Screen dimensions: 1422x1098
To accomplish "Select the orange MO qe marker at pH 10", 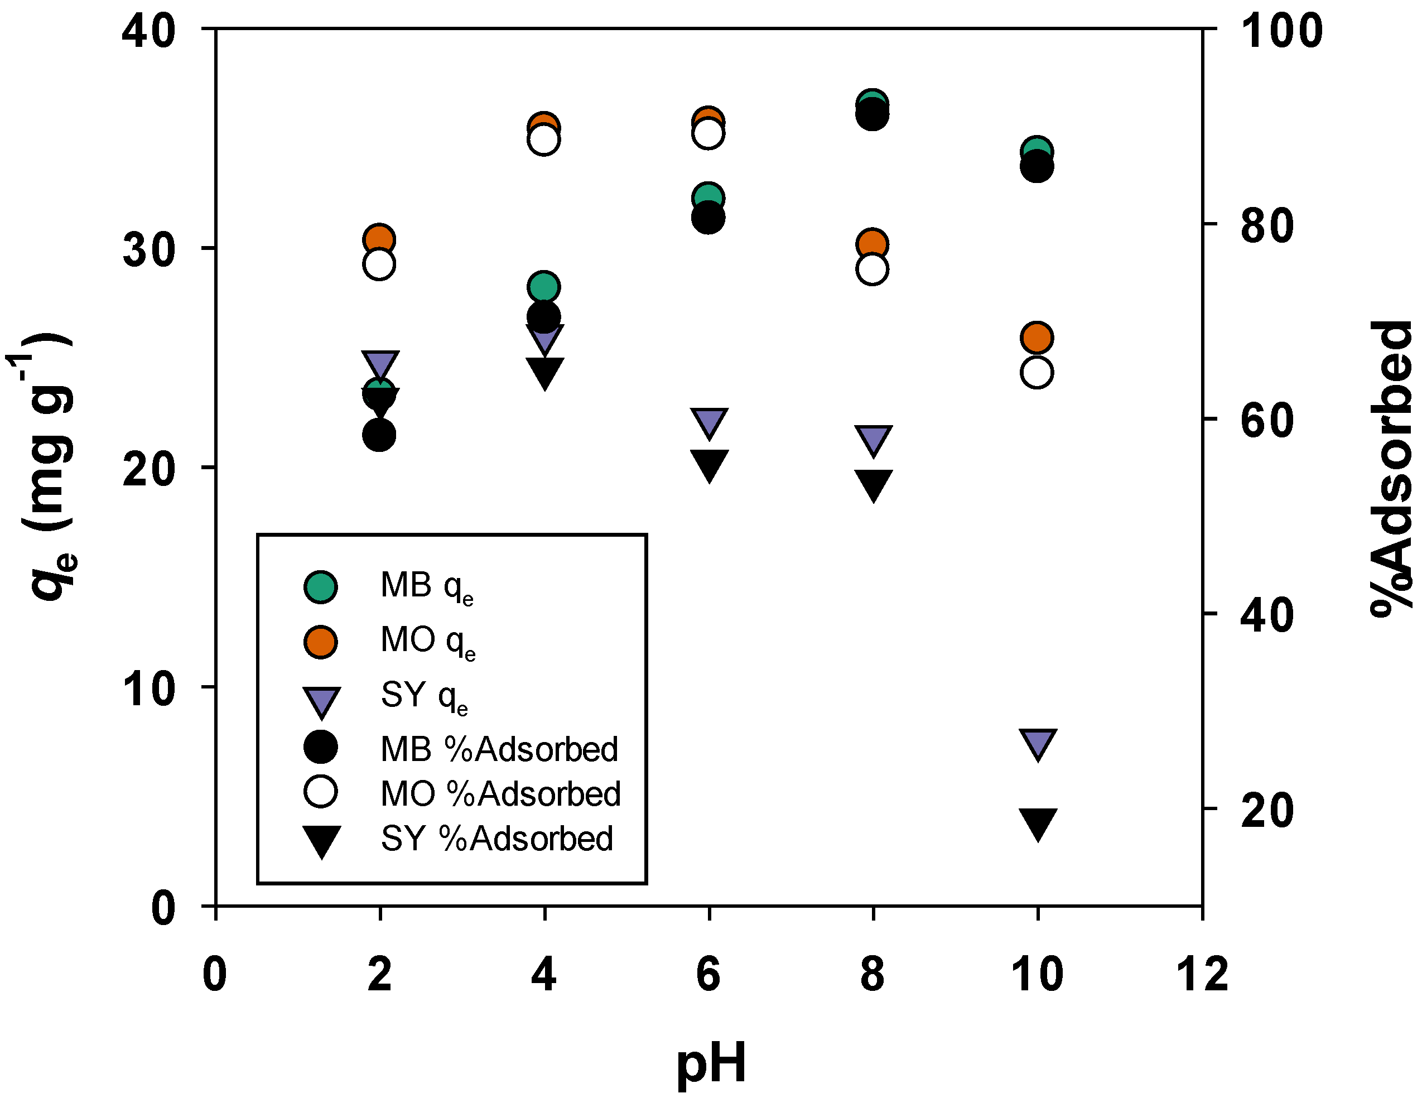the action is [x=1037, y=338].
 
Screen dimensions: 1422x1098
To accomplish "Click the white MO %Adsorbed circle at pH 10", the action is [x=1037, y=373].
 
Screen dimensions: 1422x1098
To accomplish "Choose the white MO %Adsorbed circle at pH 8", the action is [x=873, y=269].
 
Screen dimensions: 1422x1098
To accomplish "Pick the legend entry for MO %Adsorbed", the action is [x=462, y=793].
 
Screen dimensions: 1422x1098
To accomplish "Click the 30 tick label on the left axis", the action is [x=149, y=249].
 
